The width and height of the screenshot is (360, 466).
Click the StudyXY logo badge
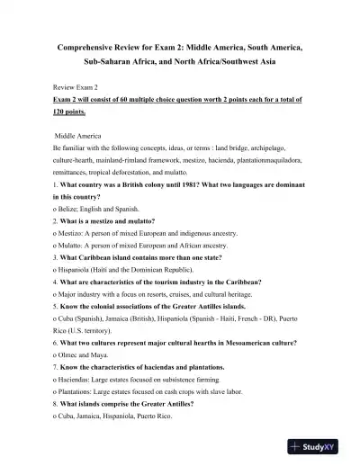[x=321, y=446]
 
